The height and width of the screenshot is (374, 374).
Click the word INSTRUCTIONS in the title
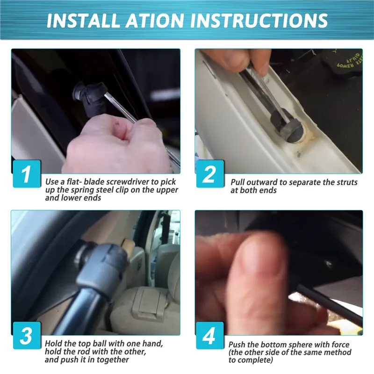[x=259, y=20]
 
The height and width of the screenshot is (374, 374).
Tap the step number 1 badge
[x=27, y=173]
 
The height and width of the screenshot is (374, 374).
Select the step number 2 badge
[x=210, y=173]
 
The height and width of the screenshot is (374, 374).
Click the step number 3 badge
[x=27, y=335]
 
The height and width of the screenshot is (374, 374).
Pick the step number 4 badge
[x=210, y=335]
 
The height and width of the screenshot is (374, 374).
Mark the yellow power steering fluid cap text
[x=349, y=61]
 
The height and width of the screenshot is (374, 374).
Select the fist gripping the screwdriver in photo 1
[x=117, y=145]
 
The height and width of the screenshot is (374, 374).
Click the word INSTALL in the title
[x=83, y=20]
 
